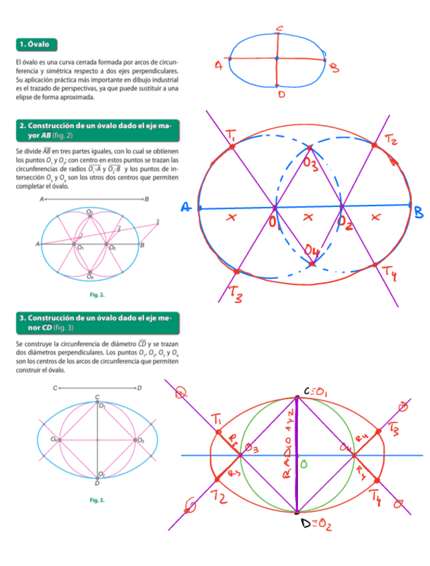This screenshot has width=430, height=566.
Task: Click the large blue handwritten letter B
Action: point(418,212)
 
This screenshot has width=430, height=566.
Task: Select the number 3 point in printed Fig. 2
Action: point(157,221)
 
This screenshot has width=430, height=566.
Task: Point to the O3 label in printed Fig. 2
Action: point(90,212)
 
